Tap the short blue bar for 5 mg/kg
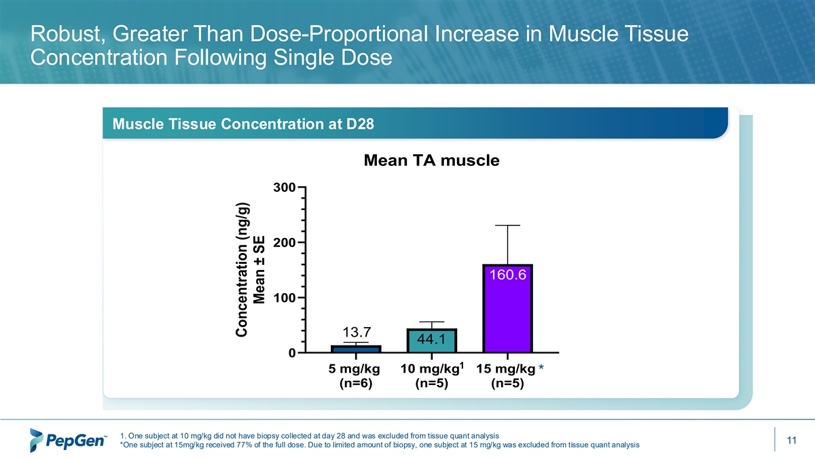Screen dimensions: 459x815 [356, 349]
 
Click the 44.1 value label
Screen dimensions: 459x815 [431, 339]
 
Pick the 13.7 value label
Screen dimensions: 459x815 [356, 333]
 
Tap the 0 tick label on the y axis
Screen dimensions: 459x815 [291, 354]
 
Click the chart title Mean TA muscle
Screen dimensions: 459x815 [431, 161]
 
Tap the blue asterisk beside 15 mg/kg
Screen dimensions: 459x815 [541, 370]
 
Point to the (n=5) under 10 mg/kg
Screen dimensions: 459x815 [431, 384]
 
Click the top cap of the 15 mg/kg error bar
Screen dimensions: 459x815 [507, 225]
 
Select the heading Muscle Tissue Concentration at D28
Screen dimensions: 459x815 [244, 124]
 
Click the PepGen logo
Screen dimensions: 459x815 [68, 440]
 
